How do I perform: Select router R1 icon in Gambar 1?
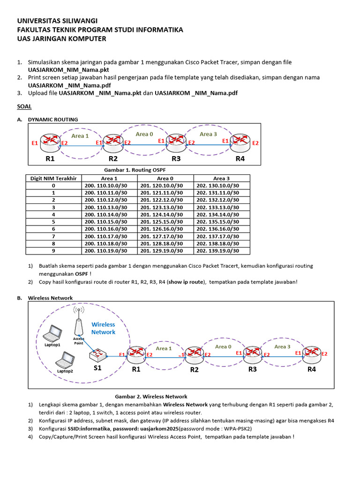[49, 142]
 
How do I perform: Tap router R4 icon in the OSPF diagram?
[240, 142]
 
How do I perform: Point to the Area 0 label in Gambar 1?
[144, 135]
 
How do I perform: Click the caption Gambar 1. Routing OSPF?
[131, 170]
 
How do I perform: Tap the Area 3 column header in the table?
[222, 178]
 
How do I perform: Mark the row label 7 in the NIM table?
[53, 236]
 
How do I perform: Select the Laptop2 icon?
[65, 360]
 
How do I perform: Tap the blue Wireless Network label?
[103, 328]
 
